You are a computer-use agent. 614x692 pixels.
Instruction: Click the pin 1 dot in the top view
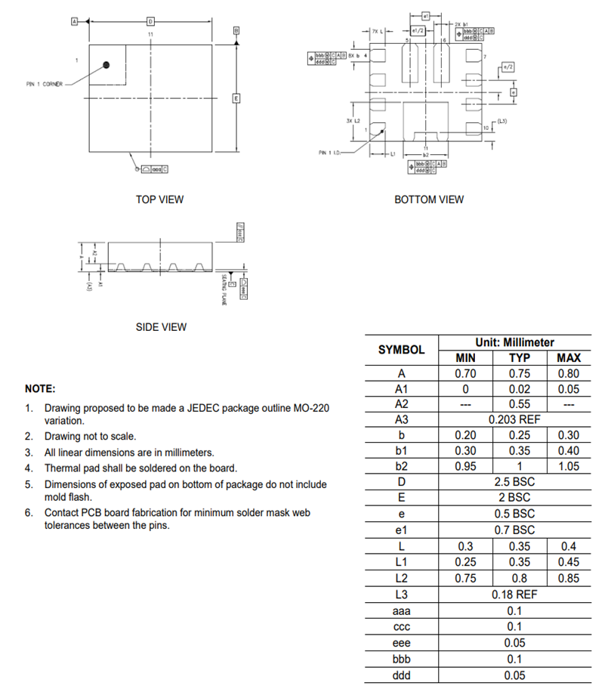106,66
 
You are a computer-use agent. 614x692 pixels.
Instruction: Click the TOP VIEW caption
159,199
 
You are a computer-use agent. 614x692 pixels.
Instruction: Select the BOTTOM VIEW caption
429,199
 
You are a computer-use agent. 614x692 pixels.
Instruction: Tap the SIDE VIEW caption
161,327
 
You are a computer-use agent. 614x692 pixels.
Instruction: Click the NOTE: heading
40,388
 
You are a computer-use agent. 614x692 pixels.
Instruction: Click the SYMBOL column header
401,350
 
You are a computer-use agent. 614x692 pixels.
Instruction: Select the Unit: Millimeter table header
514,342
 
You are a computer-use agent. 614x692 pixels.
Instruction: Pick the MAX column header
568,358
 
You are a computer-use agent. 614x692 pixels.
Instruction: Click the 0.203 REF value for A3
514,419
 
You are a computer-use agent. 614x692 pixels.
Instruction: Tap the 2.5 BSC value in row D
514,482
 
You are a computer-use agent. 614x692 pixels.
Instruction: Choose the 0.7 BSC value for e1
514,530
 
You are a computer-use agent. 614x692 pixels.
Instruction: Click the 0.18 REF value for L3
514,594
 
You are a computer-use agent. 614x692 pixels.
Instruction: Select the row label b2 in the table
401,466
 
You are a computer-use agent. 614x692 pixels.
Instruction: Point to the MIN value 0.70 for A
465,373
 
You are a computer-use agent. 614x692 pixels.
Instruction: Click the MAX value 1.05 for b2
568,466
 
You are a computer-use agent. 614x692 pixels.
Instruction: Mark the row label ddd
401,675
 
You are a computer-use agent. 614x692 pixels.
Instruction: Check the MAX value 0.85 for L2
568,578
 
